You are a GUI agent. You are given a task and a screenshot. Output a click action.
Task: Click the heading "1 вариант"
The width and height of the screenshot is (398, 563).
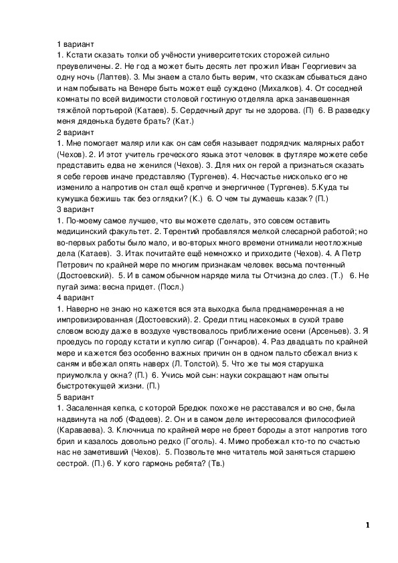(74, 43)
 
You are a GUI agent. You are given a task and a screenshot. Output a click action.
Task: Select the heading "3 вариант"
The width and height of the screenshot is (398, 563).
(74, 209)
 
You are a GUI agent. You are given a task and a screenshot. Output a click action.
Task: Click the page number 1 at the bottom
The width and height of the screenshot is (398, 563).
(368, 526)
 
